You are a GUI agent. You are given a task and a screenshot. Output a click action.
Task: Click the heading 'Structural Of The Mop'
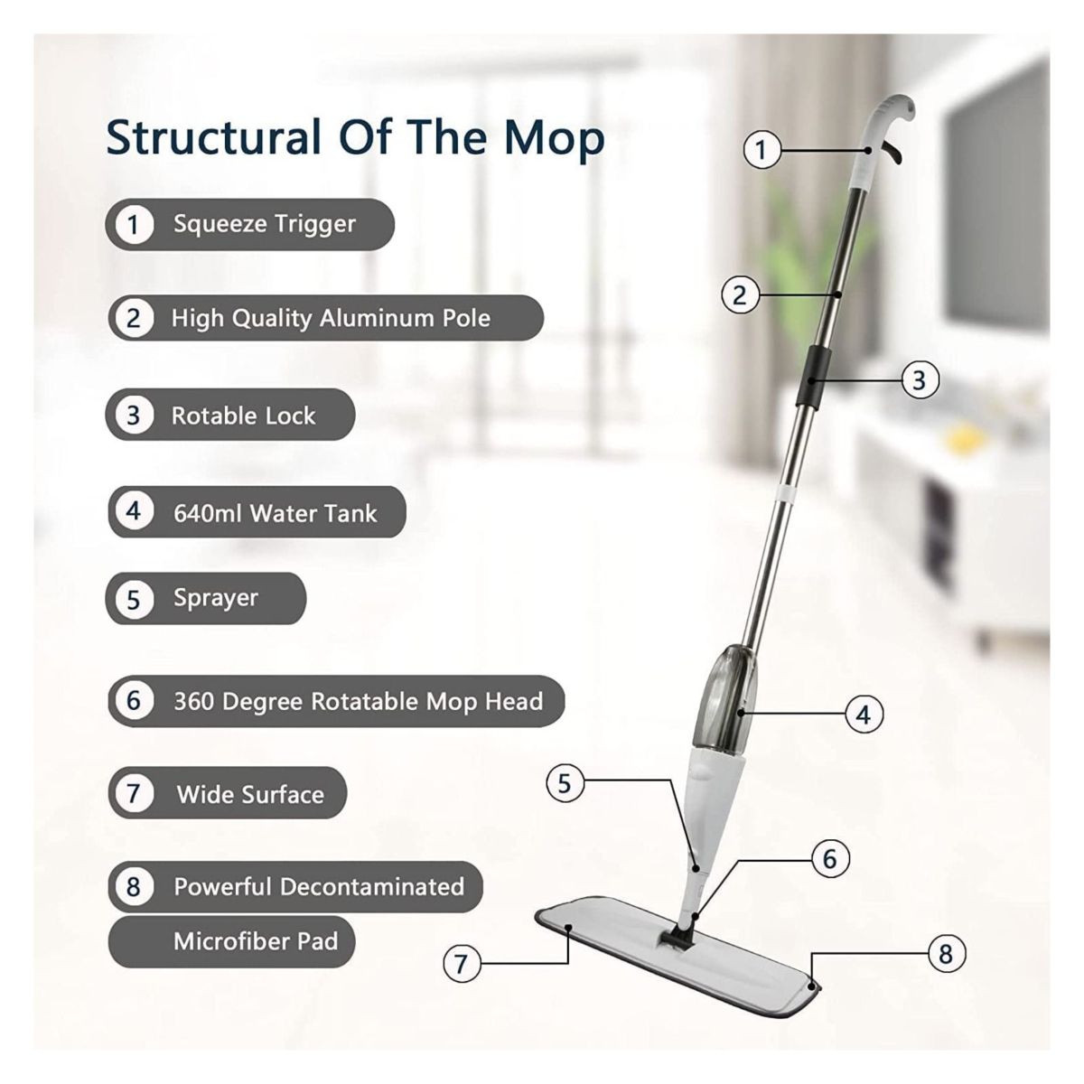click(355, 137)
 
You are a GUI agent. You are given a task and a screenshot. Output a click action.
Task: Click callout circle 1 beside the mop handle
click(762, 149)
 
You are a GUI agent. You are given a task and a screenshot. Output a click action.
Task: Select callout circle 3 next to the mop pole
click(920, 379)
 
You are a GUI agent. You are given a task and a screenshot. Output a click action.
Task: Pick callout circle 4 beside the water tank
click(864, 715)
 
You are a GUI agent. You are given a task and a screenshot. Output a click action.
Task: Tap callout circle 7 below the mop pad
click(462, 963)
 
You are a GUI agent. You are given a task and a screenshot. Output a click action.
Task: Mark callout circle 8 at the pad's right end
click(946, 953)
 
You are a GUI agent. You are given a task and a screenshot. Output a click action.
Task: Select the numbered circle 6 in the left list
click(134, 701)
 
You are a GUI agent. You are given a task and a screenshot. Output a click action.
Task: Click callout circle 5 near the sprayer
click(565, 782)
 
